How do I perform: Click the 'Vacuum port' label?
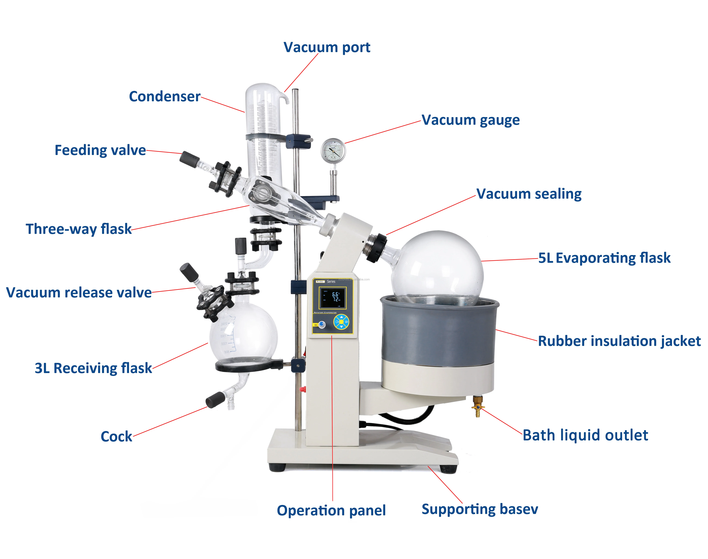click(x=327, y=47)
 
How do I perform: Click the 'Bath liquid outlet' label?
click(x=585, y=435)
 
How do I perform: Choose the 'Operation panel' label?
click(x=331, y=511)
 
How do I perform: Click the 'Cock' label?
click(x=116, y=437)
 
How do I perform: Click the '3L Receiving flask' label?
click(x=93, y=368)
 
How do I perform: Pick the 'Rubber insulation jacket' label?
click(x=619, y=341)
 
